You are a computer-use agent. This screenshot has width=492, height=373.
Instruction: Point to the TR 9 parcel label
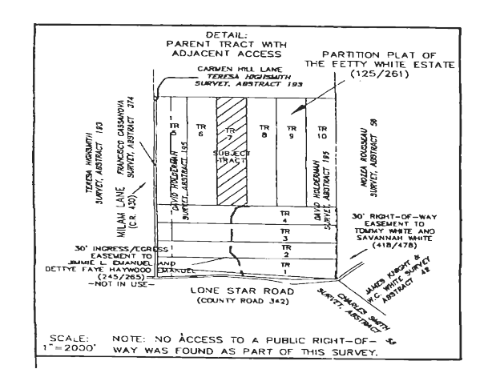tap(291, 130)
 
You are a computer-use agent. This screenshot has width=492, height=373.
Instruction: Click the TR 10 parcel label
tap(321, 130)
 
